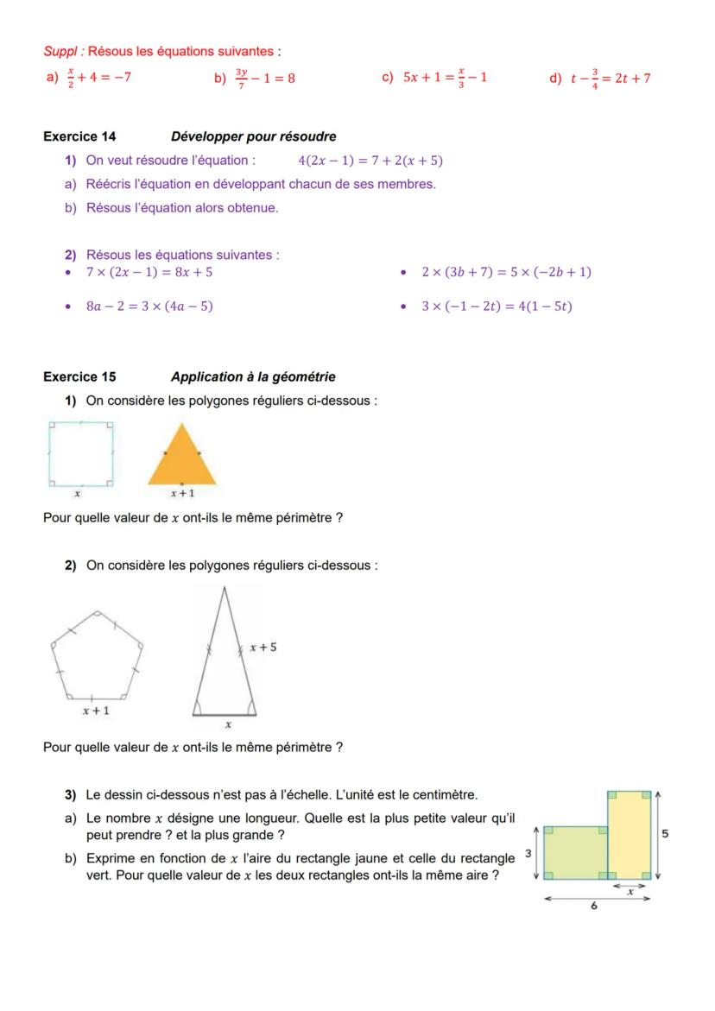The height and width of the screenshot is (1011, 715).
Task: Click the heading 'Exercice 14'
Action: pyautogui.click(x=79, y=136)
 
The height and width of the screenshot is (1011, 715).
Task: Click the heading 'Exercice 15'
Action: pyautogui.click(x=79, y=376)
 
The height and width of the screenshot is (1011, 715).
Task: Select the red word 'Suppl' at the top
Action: pyautogui.click(x=57, y=52)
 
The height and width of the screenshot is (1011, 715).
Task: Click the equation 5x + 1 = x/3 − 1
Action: pyautogui.click(x=446, y=79)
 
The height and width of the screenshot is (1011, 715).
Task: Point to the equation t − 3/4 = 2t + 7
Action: pyautogui.click(x=610, y=79)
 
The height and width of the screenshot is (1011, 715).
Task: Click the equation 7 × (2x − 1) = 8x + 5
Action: pyautogui.click(x=149, y=272)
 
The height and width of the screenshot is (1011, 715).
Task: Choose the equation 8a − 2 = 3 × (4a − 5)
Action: pyautogui.click(x=149, y=306)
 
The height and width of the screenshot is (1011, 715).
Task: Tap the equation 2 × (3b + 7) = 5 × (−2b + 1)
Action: pyautogui.click(x=506, y=272)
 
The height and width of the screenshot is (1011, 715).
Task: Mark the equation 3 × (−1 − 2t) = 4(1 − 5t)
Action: pyautogui.click(x=497, y=306)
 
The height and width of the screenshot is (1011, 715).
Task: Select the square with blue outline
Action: pyautogui.click(x=80, y=454)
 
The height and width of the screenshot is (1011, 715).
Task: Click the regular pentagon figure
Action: pyautogui.click(x=97, y=656)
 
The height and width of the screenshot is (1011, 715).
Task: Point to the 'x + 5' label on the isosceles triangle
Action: pyautogui.click(x=263, y=647)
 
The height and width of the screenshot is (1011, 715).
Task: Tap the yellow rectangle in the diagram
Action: pyautogui.click(x=629, y=833)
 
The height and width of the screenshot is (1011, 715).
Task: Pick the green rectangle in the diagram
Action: pyautogui.click(x=575, y=852)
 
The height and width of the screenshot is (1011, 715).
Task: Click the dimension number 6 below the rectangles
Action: pyautogui.click(x=594, y=907)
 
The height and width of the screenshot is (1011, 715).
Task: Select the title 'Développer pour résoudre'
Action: pyautogui.click(x=253, y=136)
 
